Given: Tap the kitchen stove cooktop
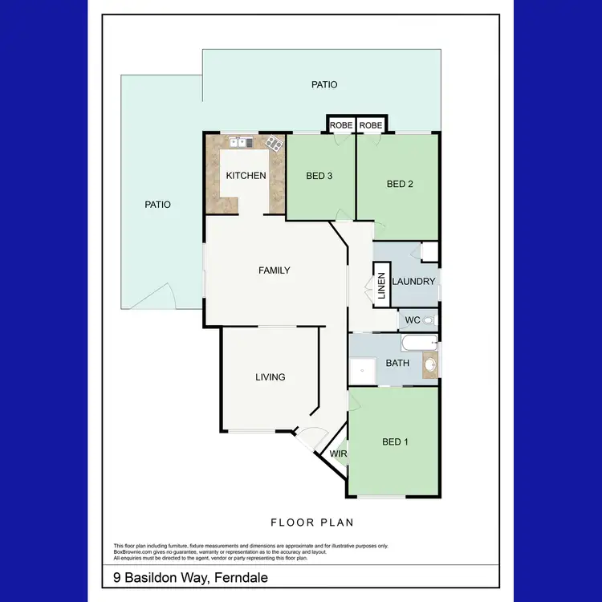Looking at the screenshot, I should pyautogui.click(x=275, y=144).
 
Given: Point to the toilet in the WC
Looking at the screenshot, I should pyautogui.click(x=429, y=320).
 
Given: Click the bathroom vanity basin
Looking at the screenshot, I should pyautogui.click(x=430, y=365).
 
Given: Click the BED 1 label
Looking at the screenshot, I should pyautogui.click(x=394, y=442).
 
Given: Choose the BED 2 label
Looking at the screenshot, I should pyautogui.click(x=400, y=184).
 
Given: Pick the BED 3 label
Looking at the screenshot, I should pyautogui.click(x=319, y=177).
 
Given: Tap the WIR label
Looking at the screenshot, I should pyautogui.click(x=339, y=454).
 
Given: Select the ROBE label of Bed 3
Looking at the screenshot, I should pyautogui.click(x=341, y=126).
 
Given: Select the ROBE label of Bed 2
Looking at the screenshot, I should pyautogui.click(x=371, y=126).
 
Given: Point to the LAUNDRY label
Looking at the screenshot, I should pyautogui.click(x=414, y=282).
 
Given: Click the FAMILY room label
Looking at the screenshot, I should pyautogui.click(x=274, y=270).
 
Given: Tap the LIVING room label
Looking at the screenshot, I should pyautogui.click(x=270, y=377).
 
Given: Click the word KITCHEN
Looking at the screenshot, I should pyautogui.click(x=246, y=176).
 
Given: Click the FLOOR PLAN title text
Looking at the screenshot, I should pyautogui.click(x=311, y=523).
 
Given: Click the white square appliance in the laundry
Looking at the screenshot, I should pyautogui.click(x=429, y=251).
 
